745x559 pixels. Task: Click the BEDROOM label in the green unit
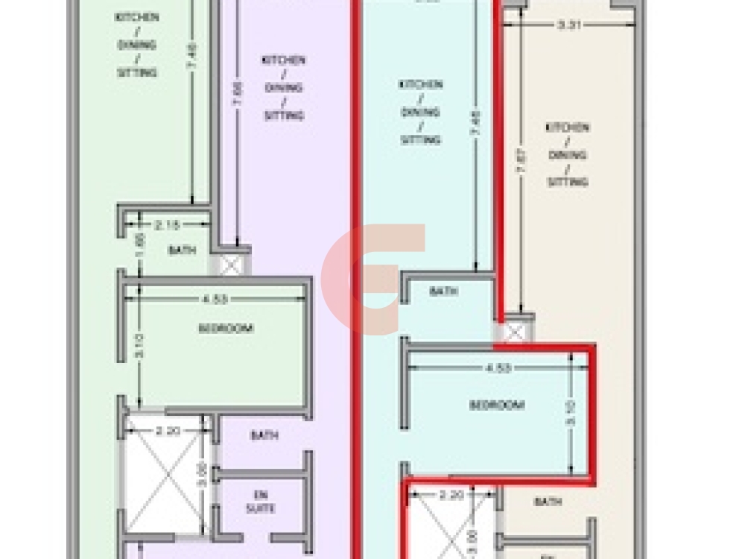(x=225, y=328)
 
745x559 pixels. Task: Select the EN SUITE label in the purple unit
(x=264, y=502)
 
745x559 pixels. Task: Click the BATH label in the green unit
(x=182, y=250)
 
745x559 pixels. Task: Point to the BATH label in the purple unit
(x=264, y=435)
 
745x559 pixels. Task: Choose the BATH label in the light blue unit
(x=443, y=292)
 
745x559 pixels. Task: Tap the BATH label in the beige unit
(x=548, y=502)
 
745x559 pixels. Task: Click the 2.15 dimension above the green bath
(x=165, y=224)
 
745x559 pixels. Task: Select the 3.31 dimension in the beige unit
(x=569, y=25)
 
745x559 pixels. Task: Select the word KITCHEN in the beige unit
(x=568, y=127)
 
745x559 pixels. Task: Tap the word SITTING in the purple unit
(x=284, y=116)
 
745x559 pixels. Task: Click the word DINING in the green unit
(x=136, y=45)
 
